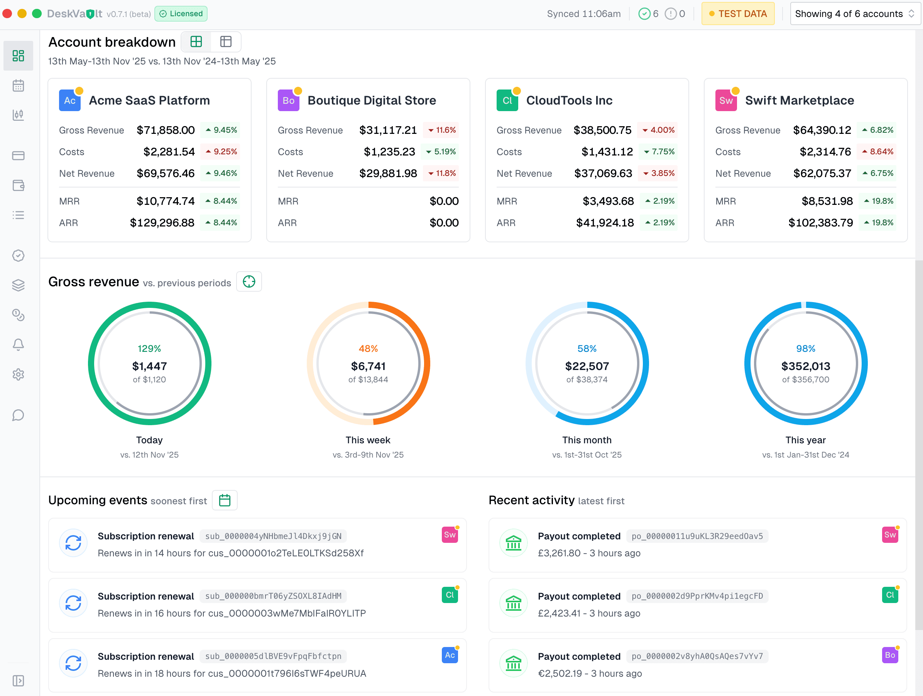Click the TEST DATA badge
(737, 14)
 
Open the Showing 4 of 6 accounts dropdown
(855, 14)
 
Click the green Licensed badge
(181, 14)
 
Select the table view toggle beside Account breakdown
(226, 42)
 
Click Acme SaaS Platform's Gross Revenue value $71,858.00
(166, 130)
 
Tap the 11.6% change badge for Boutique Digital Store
(441, 130)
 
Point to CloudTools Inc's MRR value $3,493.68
(608, 201)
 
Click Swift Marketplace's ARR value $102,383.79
(820, 223)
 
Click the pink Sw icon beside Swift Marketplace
(726, 101)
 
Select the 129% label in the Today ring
(149, 348)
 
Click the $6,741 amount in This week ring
(368, 366)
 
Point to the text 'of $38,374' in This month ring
(587, 379)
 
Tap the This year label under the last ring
(805, 440)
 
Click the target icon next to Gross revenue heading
(249, 282)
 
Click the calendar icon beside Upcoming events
(225, 500)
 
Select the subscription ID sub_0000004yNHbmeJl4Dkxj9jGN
(273, 536)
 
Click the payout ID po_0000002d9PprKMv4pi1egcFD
(697, 596)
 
